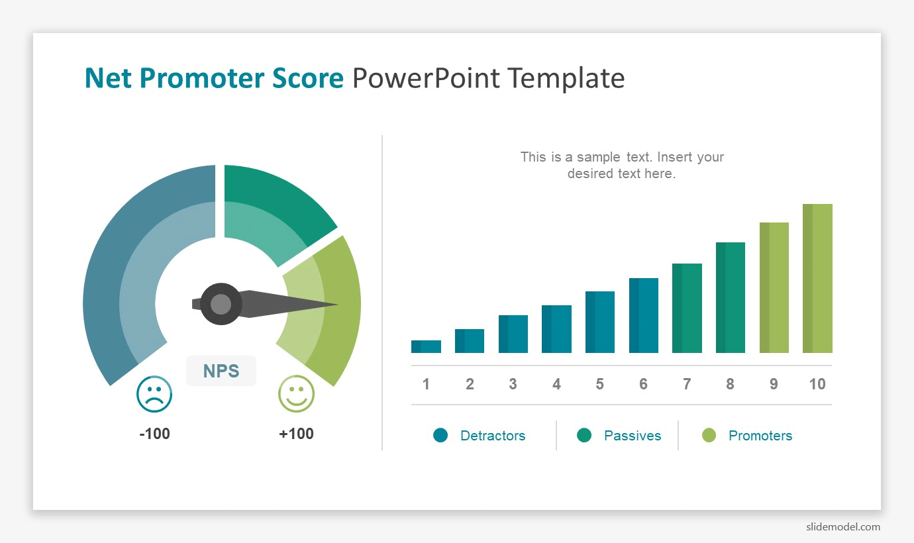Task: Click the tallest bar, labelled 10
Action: click(817, 278)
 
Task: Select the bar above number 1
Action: click(426, 346)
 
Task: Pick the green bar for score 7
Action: click(687, 308)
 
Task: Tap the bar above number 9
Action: click(774, 287)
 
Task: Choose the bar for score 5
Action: click(600, 322)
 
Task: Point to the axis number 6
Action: click(643, 384)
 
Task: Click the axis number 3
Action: click(513, 384)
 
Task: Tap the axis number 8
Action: click(730, 384)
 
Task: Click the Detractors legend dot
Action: click(440, 435)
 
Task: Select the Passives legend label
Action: click(633, 436)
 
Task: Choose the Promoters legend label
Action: click(760, 436)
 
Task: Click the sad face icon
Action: click(154, 394)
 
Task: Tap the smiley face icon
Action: click(296, 394)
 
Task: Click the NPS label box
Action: click(221, 371)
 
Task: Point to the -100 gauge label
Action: click(154, 433)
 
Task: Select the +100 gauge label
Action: click(296, 433)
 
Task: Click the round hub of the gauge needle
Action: click(221, 304)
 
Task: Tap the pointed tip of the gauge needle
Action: click(338, 304)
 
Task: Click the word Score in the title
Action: click(308, 78)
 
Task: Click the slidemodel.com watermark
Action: click(843, 526)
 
